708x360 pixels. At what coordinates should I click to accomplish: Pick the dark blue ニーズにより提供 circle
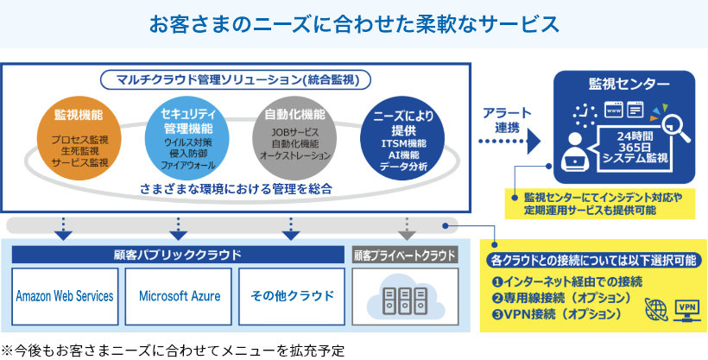(403, 138)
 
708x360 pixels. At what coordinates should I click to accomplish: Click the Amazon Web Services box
(65, 296)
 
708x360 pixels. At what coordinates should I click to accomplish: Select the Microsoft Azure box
(179, 296)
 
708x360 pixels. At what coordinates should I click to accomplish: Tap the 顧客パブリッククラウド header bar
(178, 256)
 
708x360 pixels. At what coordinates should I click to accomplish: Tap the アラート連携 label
(501, 120)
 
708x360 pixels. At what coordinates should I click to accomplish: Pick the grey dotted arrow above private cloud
(407, 228)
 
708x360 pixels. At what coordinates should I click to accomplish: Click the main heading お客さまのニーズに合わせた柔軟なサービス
(354, 23)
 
